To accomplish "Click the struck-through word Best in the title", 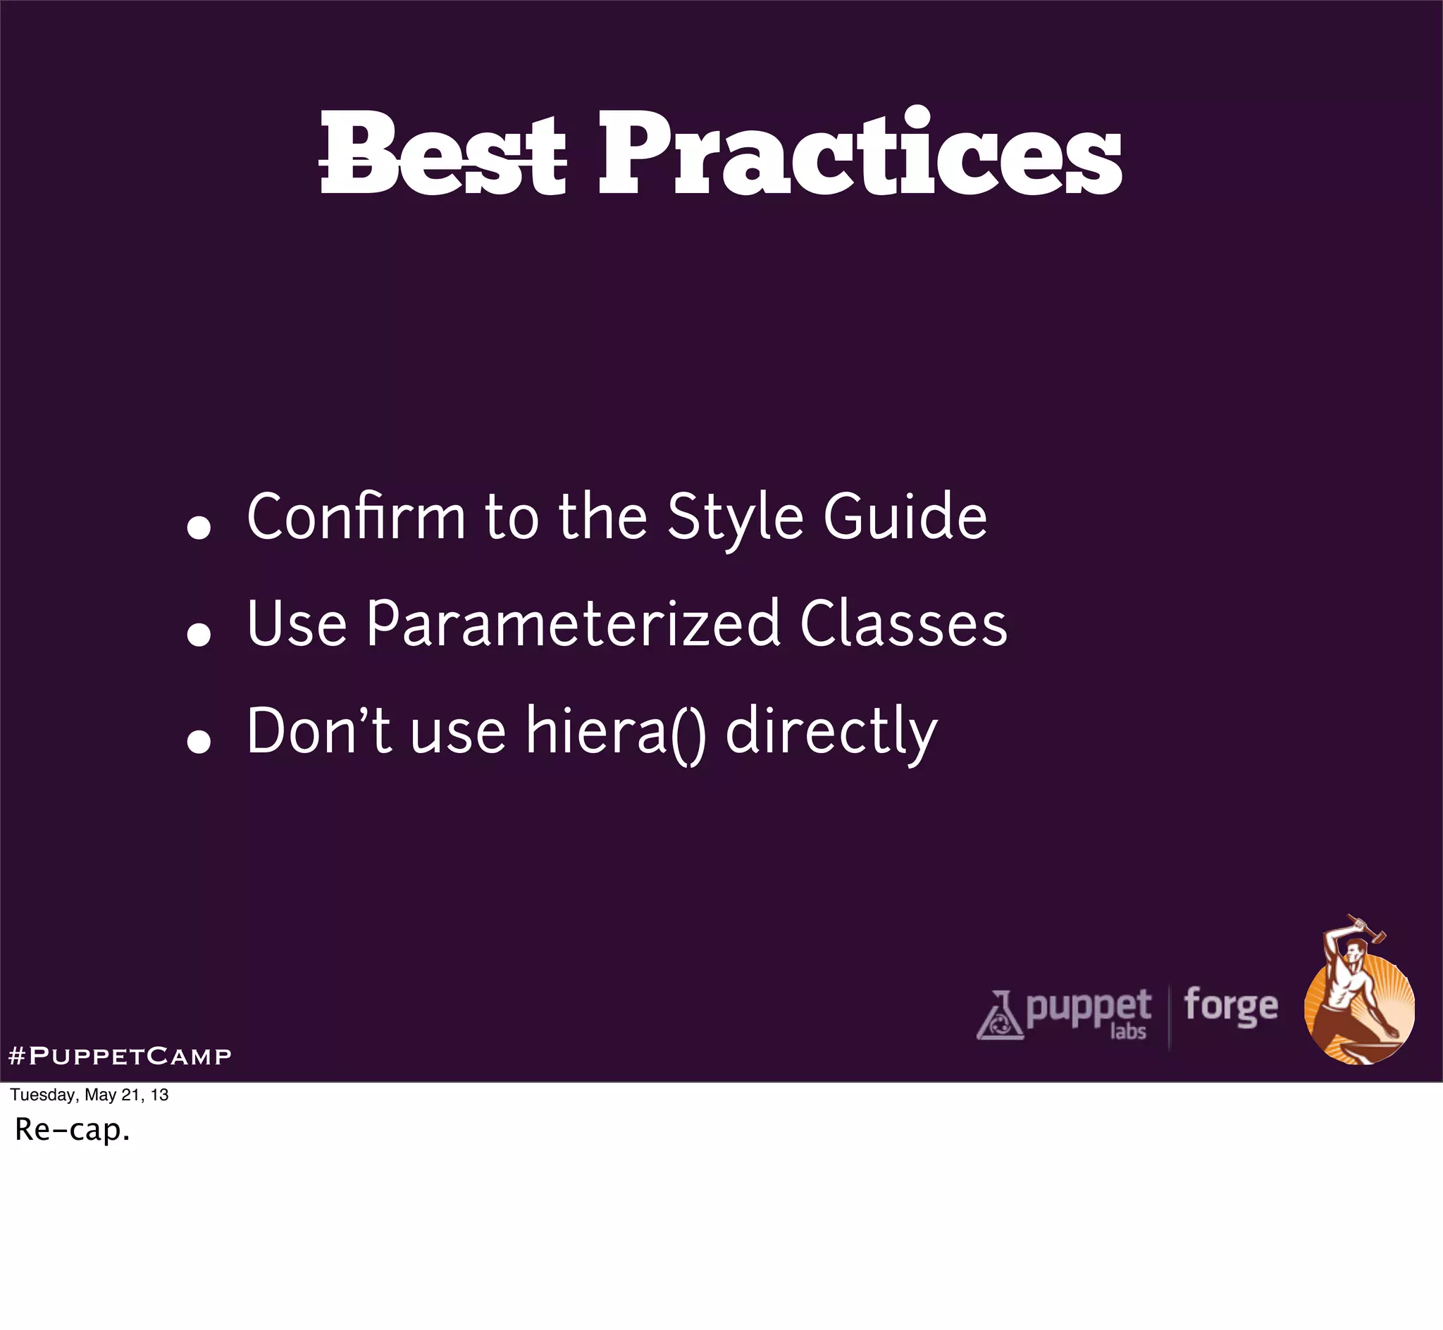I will pos(442,155).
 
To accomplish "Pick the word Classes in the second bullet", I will pos(903,624).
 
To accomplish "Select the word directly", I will pos(831,732).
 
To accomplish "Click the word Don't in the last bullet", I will pos(319,732).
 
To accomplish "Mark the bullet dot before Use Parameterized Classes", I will pos(199,635).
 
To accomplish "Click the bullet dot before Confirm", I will pos(199,528).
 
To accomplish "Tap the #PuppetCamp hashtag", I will pos(120,1056).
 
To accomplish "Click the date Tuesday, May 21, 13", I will pos(89,1095).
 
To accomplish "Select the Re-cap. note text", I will pos(73,1129).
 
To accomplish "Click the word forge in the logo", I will pos(1231,1006).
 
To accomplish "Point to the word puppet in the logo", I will pos(1088,1007).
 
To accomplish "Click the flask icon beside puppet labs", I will pos(999,1017).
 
